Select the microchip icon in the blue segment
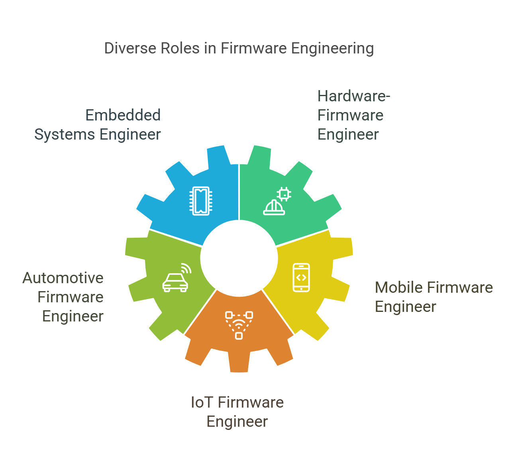[200, 201]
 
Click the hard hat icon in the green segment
[274, 207]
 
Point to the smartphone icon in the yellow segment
[301, 277]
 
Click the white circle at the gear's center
[239, 258]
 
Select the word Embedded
[123, 115]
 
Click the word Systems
[64, 135]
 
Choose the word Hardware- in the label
[353, 96]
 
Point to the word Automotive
[63, 278]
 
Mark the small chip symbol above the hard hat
[284, 194]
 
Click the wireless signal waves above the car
[186, 268]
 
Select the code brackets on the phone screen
[301, 277]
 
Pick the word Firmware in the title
[254, 48]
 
